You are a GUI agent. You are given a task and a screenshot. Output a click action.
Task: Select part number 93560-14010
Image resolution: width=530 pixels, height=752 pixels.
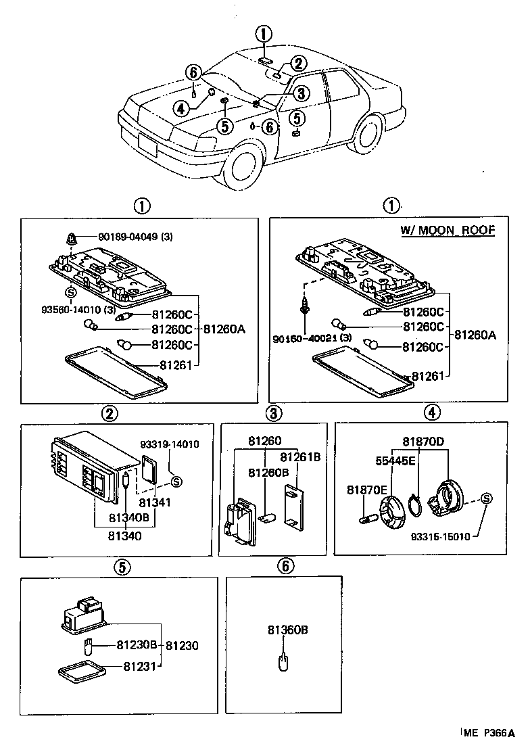click(x=68, y=309)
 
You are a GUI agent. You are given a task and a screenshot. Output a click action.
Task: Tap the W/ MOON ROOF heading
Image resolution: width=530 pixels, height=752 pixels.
click(x=448, y=231)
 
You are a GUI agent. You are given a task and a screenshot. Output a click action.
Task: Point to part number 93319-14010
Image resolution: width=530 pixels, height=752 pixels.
click(x=170, y=444)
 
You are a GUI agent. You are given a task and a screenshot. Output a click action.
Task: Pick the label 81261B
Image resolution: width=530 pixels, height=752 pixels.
click(x=299, y=456)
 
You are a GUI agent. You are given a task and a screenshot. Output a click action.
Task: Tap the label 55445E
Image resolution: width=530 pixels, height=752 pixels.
click(x=395, y=461)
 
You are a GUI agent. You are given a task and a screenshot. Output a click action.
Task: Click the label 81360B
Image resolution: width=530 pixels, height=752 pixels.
click(x=287, y=630)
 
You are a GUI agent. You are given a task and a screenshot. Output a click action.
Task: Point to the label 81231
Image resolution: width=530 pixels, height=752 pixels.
click(x=139, y=667)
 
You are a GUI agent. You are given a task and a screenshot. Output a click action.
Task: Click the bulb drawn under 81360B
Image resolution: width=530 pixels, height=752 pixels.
click(x=284, y=661)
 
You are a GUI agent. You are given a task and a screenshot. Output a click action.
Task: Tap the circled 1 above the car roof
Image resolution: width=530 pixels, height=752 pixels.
click(x=264, y=34)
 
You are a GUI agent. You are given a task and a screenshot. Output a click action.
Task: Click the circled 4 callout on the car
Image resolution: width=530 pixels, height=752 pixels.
click(x=180, y=108)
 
